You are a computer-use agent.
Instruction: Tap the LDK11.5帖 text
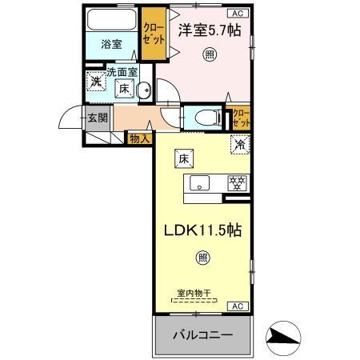[x=203, y=229]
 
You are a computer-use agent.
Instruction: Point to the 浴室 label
[x=111, y=45]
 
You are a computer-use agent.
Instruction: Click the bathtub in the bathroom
[x=111, y=19]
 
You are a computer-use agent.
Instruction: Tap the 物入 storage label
[x=139, y=138]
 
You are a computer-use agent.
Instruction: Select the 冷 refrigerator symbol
[x=239, y=146]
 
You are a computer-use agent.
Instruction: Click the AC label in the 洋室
[x=238, y=13]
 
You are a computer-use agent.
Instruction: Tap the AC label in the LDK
[x=238, y=306]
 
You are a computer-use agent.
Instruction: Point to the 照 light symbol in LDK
[x=203, y=258]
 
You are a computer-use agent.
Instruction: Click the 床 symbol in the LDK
[x=183, y=158]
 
